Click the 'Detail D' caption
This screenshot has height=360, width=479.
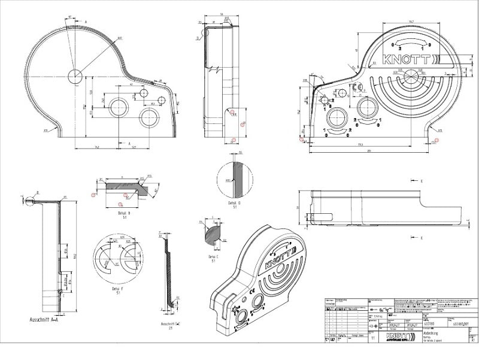235,203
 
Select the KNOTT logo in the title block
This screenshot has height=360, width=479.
399,337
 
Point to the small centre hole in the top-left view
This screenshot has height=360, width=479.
75,76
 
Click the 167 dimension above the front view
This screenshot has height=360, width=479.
411,22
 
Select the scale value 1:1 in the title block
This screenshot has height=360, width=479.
374,338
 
